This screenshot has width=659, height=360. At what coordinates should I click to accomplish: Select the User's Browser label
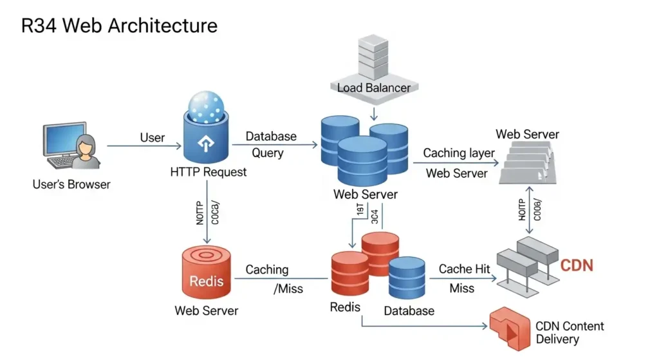[x=71, y=184]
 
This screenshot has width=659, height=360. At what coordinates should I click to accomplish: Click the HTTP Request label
[x=208, y=172]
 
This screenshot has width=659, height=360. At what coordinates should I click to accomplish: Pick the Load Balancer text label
[x=373, y=87]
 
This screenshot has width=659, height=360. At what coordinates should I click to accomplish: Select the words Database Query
[x=271, y=145]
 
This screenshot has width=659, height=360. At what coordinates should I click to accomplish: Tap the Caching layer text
[x=459, y=153]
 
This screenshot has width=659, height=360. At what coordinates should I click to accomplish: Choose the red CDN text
[x=577, y=265]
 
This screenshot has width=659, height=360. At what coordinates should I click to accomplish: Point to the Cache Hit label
[x=464, y=269]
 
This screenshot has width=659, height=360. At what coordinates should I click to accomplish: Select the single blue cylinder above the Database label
[x=406, y=277]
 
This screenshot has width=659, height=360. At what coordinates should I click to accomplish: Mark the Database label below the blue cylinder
[x=409, y=310]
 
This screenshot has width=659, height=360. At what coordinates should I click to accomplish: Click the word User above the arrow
[x=153, y=137]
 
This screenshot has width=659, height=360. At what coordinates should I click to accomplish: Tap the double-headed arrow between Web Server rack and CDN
[x=528, y=210]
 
